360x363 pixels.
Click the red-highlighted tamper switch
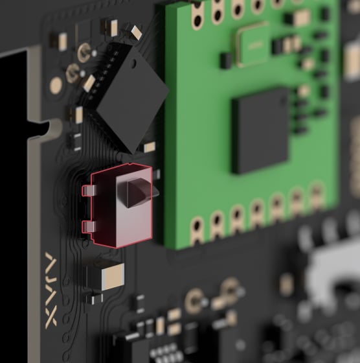(x=121, y=206)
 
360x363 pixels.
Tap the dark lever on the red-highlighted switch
(x=137, y=193)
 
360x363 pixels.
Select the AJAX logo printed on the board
(x=51, y=290)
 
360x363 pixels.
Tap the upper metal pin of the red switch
(x=89, y=191)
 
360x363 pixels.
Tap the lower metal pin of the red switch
(x=89, y=226)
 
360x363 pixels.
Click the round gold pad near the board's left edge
(x=56, y=85)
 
